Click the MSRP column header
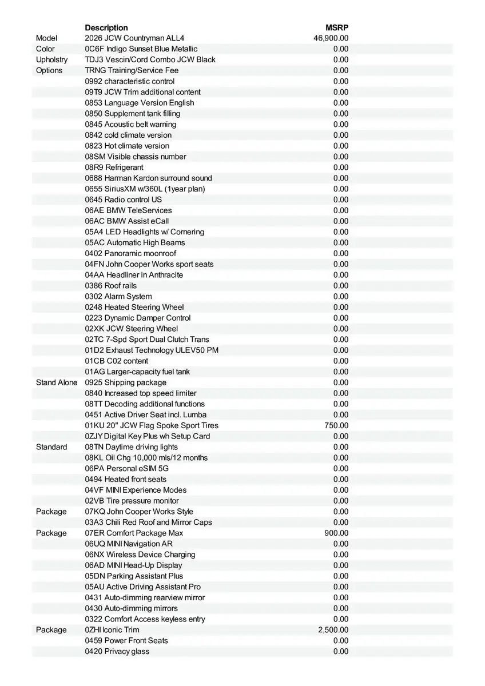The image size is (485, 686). [x=337, y=27]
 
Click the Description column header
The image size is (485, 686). [x=106, y=27]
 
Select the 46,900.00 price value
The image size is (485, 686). [x=331, y=38]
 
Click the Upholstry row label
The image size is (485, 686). [x=51, y=59]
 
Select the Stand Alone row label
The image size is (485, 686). [x=57, y=382]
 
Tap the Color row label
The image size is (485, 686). [x=45, y=49]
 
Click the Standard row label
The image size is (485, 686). [x=51, y=447]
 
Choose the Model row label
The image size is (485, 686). [x=47, y=38]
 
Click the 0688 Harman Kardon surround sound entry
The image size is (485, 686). [x=148, y=178]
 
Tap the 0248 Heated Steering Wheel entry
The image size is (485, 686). [x=134, y=307]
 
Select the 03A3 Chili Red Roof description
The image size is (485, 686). [x=148, y=522]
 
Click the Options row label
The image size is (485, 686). [x=49, y=70]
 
